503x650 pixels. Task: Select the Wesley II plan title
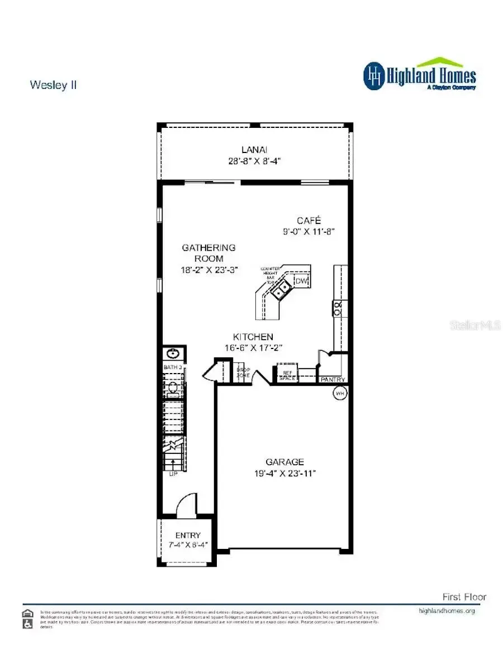click(x=53, y=85)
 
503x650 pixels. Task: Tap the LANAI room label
click(x=254, y=150)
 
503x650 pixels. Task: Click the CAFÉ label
click(x=309, y=220)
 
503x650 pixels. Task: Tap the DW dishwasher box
click(x=301, y=281)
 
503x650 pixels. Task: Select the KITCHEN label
click(x=253, y=337)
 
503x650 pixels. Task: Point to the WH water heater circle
click(x=339, y=394)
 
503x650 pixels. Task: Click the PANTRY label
click(x=333, y=380)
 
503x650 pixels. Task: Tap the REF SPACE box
click(x=287, y=375)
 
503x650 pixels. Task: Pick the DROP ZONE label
click(x=243, y=372)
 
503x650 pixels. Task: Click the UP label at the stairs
click(x=173, y=474)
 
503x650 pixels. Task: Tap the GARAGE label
click(x=284, y=462)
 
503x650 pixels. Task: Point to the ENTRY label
click(x=188, y=535)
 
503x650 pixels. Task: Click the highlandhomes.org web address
click(x=447, y=611)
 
